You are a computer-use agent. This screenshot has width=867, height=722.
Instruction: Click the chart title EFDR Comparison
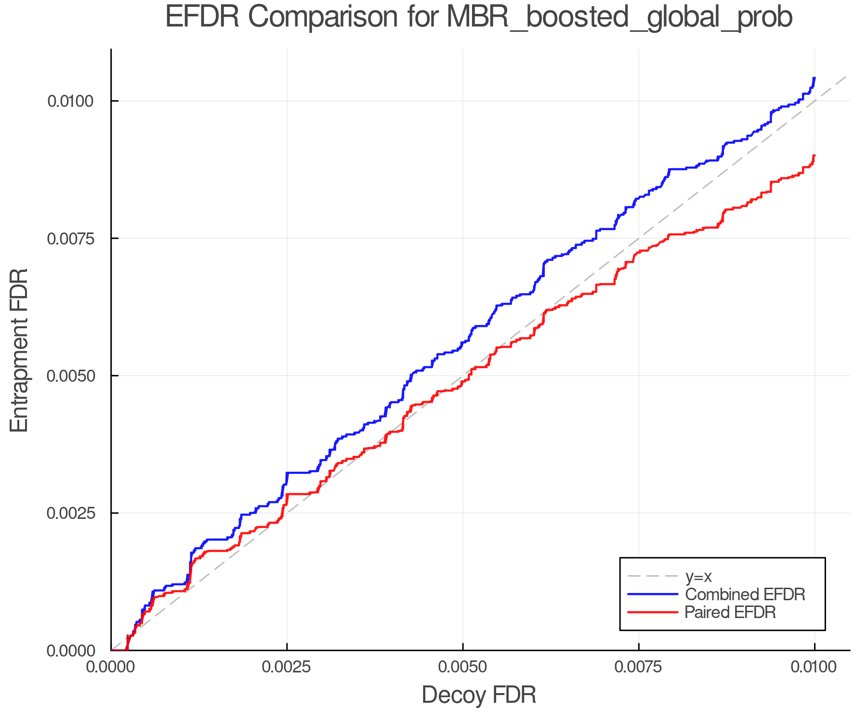click(x=479, y=17)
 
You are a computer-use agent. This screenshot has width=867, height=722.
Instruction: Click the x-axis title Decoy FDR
click(x=479, y=695)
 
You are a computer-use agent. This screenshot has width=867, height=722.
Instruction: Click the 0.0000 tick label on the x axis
click(x=111, y=667)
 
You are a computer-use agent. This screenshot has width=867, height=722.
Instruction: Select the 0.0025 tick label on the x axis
click(x=287, y=667)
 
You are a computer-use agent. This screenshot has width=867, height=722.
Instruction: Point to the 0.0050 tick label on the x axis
click(x=463, y=667)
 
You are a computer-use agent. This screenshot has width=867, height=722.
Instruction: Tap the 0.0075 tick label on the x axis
click(x=639, y=667)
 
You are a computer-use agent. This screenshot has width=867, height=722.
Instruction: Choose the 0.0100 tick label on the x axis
click(x=814, y=667)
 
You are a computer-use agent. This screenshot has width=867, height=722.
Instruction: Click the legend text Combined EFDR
click(x=745, y=594)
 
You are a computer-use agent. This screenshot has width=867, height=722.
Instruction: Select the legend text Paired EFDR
click(x=730, y=612)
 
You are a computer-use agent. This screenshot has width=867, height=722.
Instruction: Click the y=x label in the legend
click(x=698, y=576)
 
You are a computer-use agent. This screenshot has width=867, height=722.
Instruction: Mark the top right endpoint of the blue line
click(x=814, y=78)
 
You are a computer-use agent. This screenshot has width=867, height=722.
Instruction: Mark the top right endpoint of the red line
click(x=814, y=155)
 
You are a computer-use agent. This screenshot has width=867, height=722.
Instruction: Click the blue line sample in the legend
click(x=653, y=594)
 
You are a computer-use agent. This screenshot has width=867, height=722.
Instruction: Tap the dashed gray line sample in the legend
click(x=653, y=576)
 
